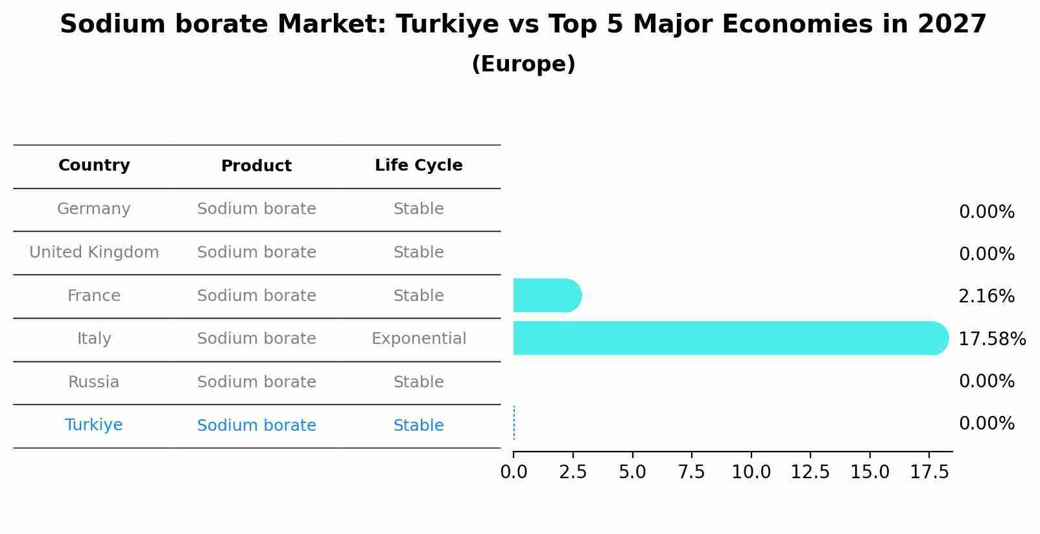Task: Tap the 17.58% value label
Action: coord(991,339)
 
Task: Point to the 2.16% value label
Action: coord(986,297)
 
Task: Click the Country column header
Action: coord(94,165)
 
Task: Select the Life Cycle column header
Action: coord(418,165)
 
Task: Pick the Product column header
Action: coord(256,166)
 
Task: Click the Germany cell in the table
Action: coord(94,209)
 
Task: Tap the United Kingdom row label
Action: coord(94,252)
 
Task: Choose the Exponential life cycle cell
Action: coord(418,339)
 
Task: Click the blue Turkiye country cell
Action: coord(94,425)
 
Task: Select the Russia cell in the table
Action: coord(94,382)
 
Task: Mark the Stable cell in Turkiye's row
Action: coord(418,426)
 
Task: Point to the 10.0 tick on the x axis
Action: coord(751,472)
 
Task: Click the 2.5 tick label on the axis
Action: coord(573,472)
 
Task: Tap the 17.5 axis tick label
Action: coord(929,472)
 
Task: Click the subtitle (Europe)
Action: coord(523,64)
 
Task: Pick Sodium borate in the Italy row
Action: coord(256,339)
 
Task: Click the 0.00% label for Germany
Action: coord(986,212)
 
